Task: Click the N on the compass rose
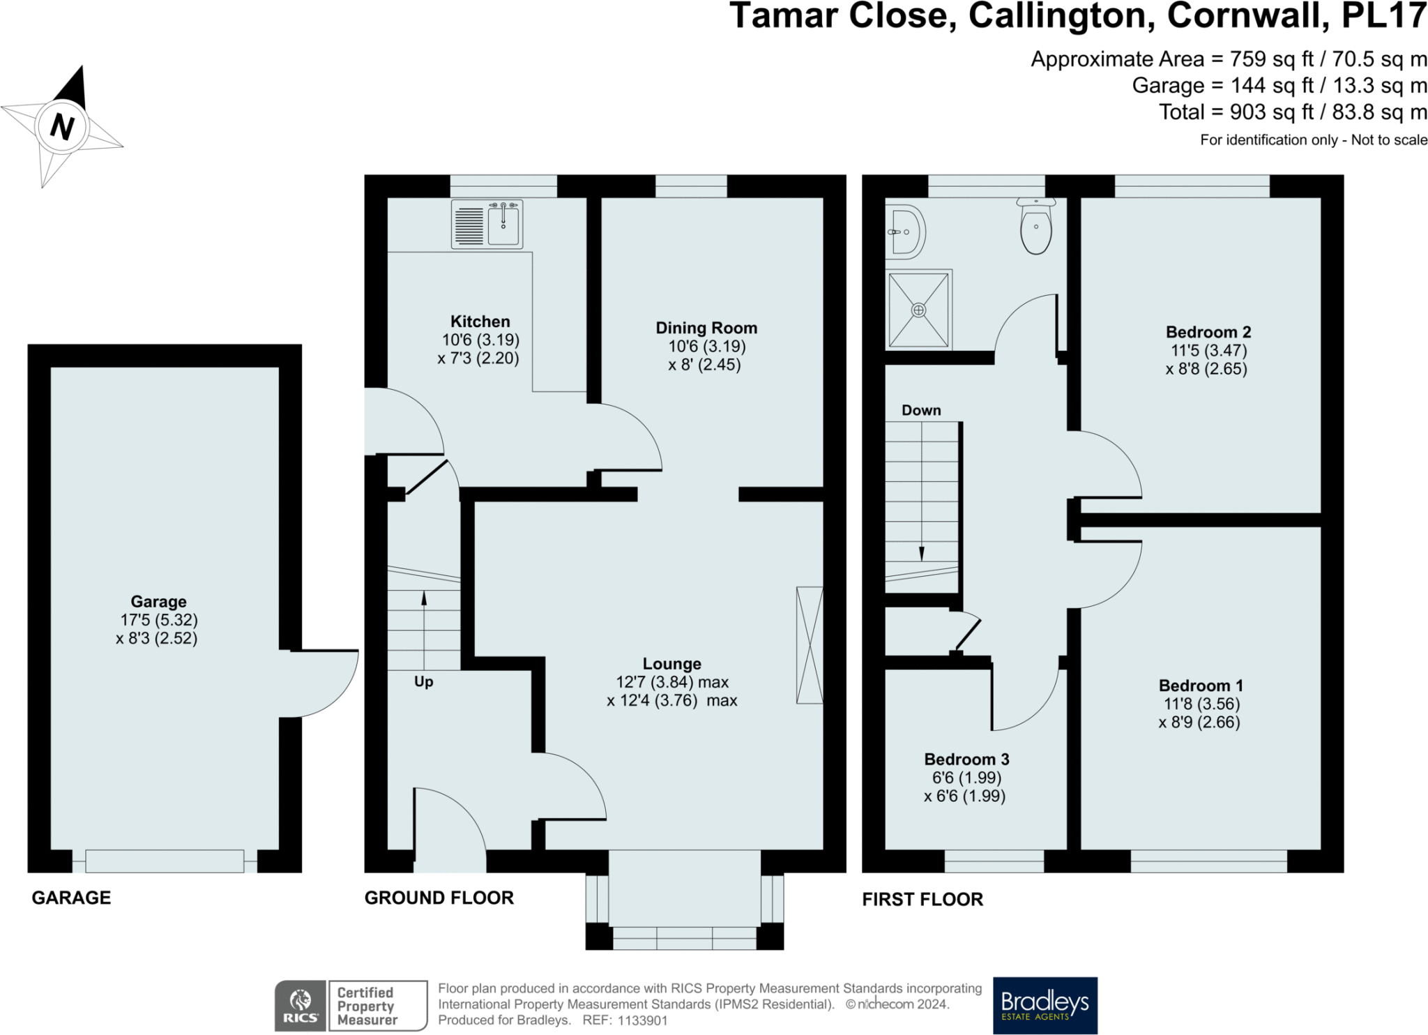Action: click(62, 127)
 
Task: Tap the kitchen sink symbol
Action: click(487, 224)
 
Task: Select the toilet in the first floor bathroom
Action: click(1036, 225)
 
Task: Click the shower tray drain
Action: click(919, 310)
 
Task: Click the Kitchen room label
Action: click(480, 322)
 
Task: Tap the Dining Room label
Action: click(706, 328)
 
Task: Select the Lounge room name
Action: click(672, 664)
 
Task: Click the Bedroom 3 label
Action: click(966, 760)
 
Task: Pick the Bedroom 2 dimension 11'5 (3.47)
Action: click(1208, 351)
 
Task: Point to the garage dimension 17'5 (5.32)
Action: click(159, 620)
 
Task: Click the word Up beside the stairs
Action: click(423, 682)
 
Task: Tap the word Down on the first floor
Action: click(921, 410)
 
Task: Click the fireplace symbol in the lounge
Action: click(810, 645)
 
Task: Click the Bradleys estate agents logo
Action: click(1045, 1005)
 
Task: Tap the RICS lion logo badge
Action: click(301, 1006)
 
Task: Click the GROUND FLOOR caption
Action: click(439, 898)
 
